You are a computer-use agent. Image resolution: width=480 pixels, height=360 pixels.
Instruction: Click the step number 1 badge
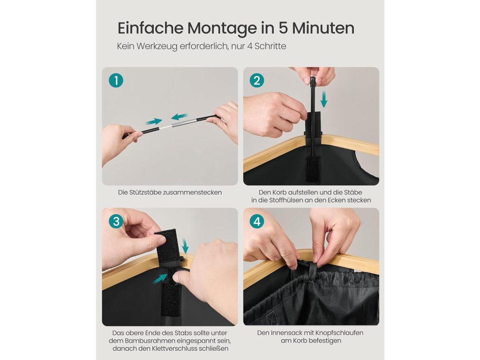point(116,80)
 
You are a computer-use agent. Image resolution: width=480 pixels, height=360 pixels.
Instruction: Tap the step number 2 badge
point(257,80)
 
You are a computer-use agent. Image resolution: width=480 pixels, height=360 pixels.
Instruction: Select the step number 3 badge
point(116,221)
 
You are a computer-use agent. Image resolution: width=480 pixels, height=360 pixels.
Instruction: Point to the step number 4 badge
point(257,221)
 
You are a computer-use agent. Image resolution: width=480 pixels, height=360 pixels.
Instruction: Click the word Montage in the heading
point(222,29)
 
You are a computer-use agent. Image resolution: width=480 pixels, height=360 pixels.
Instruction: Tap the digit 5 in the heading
point(283,28)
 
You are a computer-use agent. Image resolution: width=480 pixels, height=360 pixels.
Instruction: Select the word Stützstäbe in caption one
point(145,192)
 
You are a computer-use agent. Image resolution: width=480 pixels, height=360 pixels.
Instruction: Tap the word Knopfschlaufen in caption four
point(339,333)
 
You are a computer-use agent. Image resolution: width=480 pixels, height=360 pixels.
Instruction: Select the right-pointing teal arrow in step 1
point(154,121)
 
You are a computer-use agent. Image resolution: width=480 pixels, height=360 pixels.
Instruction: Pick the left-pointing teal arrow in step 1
point(180,117)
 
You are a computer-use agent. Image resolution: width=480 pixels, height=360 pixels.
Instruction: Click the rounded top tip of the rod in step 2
point(313,79)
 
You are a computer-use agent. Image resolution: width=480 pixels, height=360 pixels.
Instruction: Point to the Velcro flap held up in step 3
point(168,245)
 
